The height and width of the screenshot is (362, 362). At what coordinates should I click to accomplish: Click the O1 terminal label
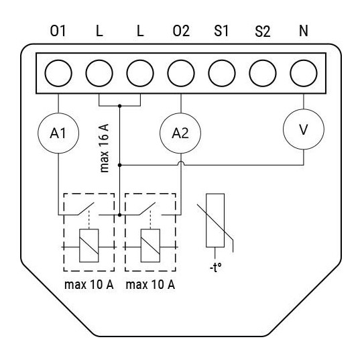pos(58,31)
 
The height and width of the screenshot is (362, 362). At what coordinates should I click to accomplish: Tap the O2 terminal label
pos(181,31)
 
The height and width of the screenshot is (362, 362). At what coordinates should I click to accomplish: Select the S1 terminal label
pos(221,31)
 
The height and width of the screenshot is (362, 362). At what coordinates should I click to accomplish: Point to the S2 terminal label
pos(263,31)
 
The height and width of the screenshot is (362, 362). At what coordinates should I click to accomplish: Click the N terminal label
pos(304,31)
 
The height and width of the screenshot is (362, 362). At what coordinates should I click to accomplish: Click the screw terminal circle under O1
pos(58,73)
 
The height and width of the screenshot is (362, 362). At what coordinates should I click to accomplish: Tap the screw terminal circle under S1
pos(222,73)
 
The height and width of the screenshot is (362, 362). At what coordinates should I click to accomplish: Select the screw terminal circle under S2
pos(263,73)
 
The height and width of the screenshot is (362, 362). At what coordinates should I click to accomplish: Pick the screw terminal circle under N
pos(304,73)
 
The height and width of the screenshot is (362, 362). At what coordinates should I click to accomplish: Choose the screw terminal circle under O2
pos(181,73)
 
